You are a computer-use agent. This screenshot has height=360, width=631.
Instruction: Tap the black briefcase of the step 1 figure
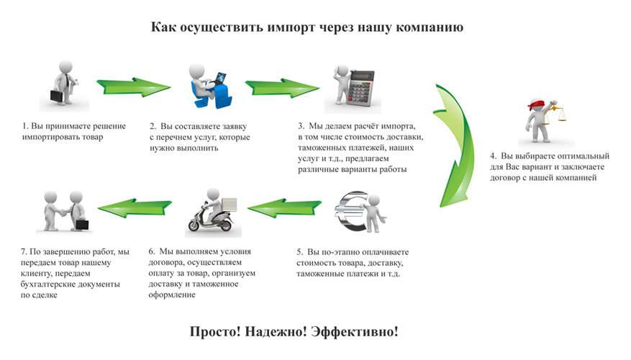pyautogui.click(x=57, y=96)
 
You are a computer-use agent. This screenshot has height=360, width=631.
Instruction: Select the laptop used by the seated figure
pyautogui.click(x=218, y=79)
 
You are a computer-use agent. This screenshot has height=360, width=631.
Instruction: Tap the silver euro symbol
pyautogui.click(x=351, y=211)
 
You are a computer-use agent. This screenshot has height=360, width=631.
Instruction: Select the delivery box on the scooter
pyautogui.click(x=228, y=204)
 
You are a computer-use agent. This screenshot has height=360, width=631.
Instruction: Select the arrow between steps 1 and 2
pyautogui.click(x=133, y=86)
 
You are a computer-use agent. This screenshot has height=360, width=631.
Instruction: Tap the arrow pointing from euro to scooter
pyautogui.click(x=284, y=208)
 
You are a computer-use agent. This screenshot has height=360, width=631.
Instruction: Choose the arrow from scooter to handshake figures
pyautogui.click(x=135, y=208)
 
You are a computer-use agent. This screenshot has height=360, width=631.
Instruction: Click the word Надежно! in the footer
pyautogui.click(x=276, y=332)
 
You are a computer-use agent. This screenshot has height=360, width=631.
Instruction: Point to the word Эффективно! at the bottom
pyautogui.click(x=355, y=332)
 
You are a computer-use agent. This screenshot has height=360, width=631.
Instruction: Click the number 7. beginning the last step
pyautogui.click(x=24, y=252)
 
